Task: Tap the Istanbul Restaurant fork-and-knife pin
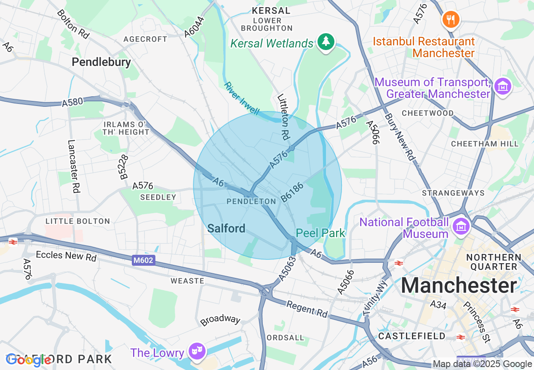[x=451, y=19]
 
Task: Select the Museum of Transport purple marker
[x=503, y=87]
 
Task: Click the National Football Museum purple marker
[x=461, y=227]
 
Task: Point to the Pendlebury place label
[x=101, y=62]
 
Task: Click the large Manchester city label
[x=459, y=286]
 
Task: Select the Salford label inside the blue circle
[x=226, y=228]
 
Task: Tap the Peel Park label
[x=320, y=233]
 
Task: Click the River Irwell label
[x=241, y=98]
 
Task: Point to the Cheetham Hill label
[x=485, y=144]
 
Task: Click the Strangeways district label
[x=453, y=193]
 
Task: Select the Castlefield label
[x=411, y=336]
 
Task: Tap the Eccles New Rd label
[x=66, y=256]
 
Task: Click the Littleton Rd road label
[x=283, y=116]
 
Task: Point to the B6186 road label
[x=292, y=192]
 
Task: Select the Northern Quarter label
[x=494, y=262]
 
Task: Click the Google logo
[x=29, y=360]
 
